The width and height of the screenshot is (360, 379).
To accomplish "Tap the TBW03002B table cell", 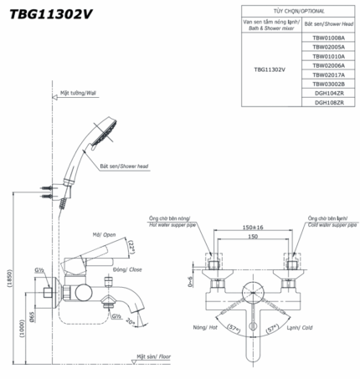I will tap(328, 84).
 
